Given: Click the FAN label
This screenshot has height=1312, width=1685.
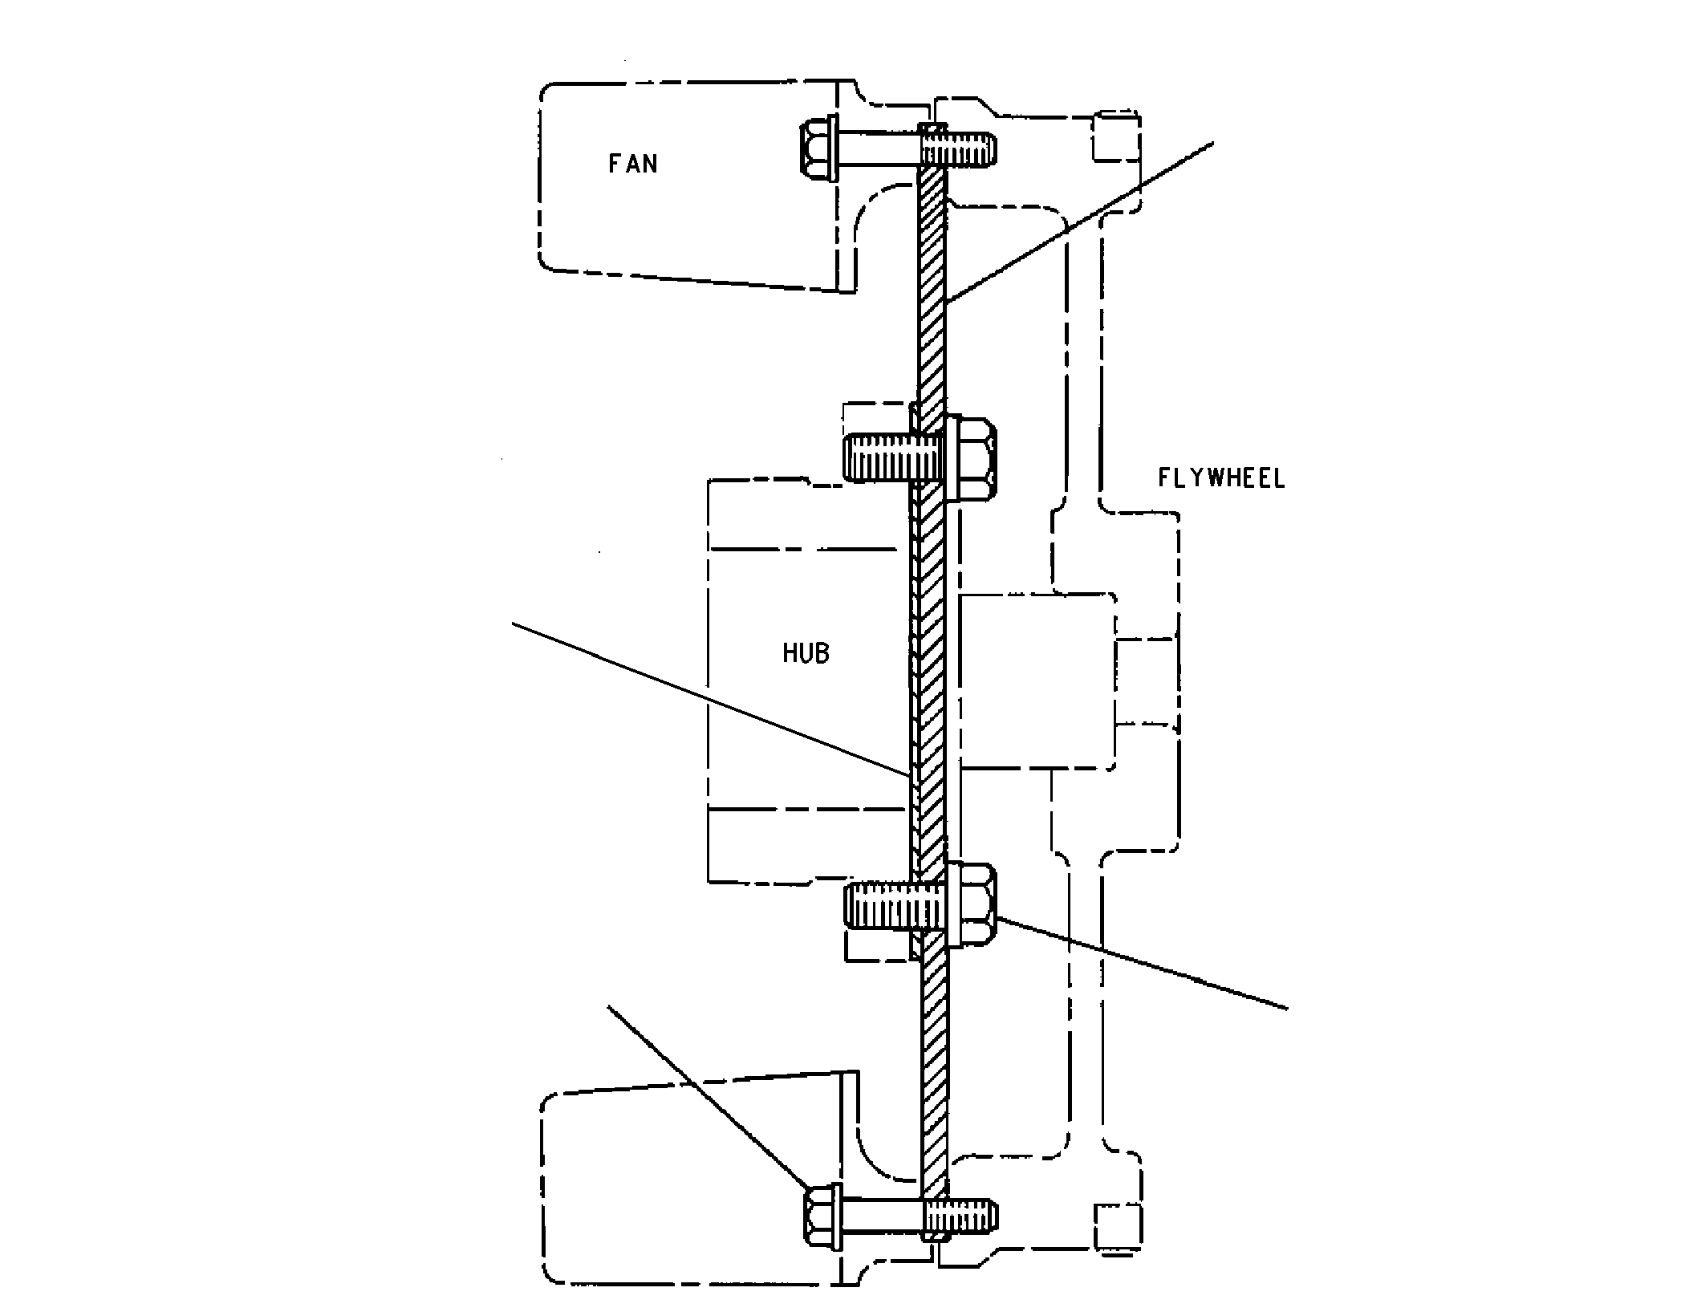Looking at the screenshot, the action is point(632,164).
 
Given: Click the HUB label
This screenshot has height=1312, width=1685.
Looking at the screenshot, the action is point(806,653).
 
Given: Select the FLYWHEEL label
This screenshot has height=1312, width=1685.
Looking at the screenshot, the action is point(1220,478).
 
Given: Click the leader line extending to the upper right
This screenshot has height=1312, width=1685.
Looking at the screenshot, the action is point(1079,223).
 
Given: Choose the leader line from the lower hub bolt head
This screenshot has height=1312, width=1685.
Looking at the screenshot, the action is point(1142,964).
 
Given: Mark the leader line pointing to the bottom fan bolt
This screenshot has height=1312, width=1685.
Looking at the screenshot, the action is point(707,1097).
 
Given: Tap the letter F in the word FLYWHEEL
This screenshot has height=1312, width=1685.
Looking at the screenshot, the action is point(1164,478).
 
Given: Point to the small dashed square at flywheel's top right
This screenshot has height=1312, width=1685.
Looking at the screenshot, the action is point(1117,137).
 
